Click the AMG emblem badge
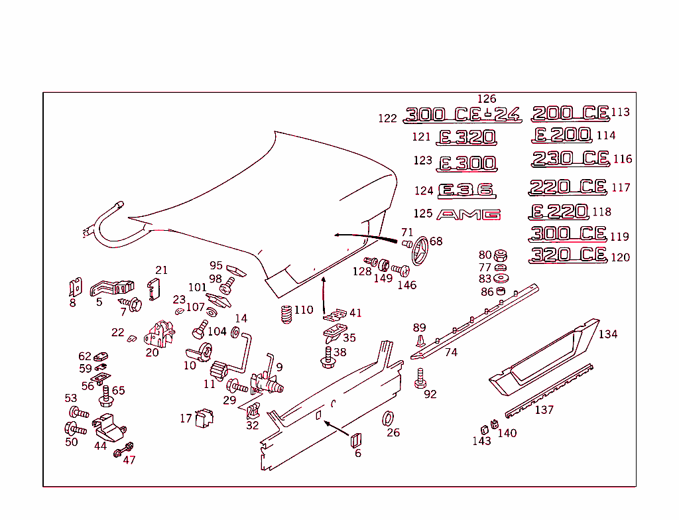(x=468, y=215)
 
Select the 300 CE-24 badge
(x=462, y=115)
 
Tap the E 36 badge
(x=467, y=191)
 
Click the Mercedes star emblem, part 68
(x=418, y=253)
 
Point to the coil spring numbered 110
(x=286, y=314)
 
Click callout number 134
(x=607, y=334)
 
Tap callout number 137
(x=544, y=410)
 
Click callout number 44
(x=100, y=446)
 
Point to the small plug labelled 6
(x=355, y=439)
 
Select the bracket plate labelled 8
(x=74, y=287)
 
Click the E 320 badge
(x=466, y=137)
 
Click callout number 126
(x=487, y=99)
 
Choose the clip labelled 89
(x=420, y=341)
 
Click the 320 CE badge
(x=569, y=255)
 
